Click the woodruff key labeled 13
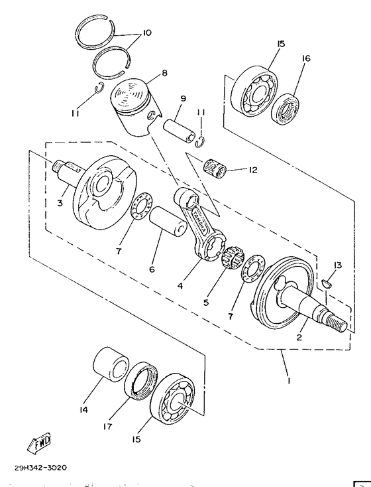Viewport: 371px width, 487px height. tap(325, 284)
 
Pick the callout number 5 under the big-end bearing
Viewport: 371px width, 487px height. tap(206, 303)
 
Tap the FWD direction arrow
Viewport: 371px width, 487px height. tap(41, 441)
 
